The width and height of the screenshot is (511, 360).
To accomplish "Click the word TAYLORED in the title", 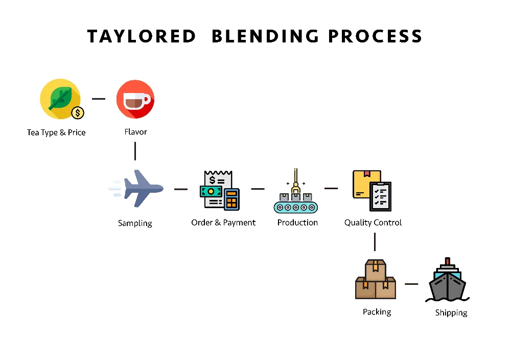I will pos(142,37).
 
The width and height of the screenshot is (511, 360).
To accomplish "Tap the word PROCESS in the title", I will pos(375,37).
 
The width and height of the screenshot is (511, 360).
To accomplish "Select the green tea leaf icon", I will pos(59,98).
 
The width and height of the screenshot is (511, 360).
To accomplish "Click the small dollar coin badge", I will pos(78,112).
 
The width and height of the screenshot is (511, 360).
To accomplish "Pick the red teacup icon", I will pos(135,99).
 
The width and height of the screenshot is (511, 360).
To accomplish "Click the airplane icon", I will pos(137,189).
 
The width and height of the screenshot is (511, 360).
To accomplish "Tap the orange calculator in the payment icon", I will pos(232,199).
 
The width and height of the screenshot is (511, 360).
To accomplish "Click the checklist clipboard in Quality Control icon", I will pos(380,196).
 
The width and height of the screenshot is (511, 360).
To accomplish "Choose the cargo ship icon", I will pos(447,283).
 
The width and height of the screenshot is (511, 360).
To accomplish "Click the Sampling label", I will pos(135,223).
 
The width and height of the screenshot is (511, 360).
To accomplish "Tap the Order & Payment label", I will pos(223,222).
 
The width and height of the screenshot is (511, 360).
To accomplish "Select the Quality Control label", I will pos(373,222).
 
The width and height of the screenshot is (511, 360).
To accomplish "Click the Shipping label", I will pos(451,312).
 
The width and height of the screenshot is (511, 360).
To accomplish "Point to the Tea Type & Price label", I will pos(56,132).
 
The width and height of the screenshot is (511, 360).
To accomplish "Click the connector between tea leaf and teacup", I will pos(99,99).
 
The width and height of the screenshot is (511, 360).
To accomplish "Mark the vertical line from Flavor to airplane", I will pos(135,151).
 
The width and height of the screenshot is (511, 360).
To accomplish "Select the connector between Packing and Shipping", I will pos(411,284).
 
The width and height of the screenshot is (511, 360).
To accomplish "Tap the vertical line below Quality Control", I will pos(375,241).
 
